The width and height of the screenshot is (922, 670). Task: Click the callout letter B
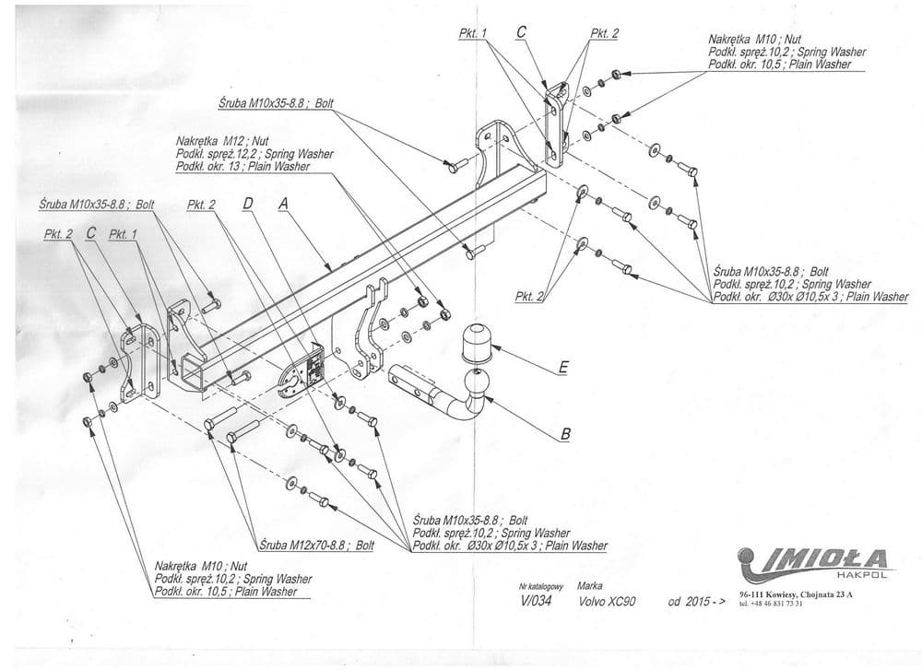click(565, 431)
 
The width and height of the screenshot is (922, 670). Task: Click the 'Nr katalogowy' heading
click(541, 586)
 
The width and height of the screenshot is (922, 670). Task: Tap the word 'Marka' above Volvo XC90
click(590, 585)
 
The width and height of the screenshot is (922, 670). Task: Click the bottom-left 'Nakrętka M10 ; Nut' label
click(201, 566)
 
